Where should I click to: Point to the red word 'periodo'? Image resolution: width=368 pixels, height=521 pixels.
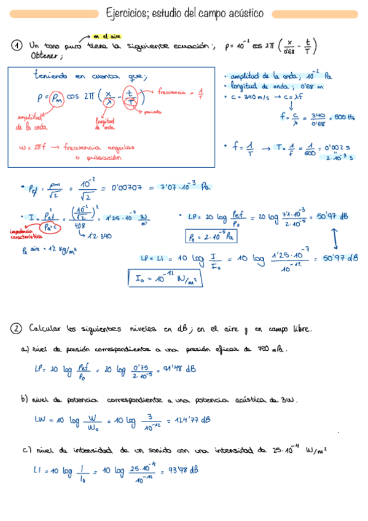click(x=154, y=112)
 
